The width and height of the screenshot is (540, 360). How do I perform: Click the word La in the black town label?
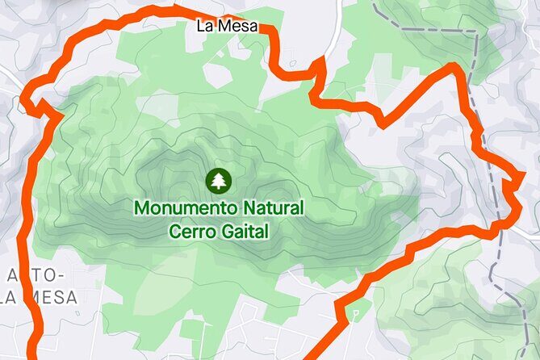(x=206, y=26)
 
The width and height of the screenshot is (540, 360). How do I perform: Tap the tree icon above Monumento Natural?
(x=218, y=181)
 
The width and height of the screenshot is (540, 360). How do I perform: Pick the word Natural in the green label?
(x=275, y=207)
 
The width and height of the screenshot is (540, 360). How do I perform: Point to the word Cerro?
(x=192, y=232)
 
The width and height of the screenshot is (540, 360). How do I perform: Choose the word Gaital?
(x=244, y=232)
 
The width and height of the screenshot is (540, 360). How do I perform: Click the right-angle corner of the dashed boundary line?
(x=476, y=34)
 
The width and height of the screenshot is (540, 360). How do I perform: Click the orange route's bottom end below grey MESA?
(x=32, y=355)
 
